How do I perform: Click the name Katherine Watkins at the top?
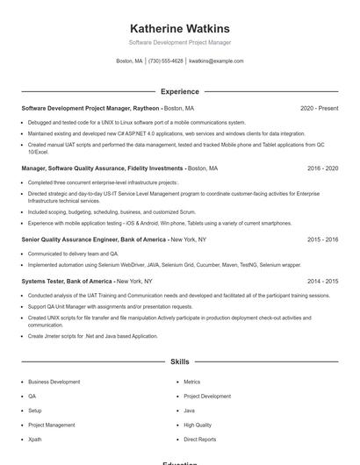coord(179,28)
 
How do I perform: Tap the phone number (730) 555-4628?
coord(165,61)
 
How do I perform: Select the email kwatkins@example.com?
coord(216,61)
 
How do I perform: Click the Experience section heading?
coord(179,91)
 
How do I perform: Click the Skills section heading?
coord(179,361)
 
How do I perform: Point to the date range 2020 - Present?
coord(319,108)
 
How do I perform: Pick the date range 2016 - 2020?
coord(322,168)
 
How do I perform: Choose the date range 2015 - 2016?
coord(322,240)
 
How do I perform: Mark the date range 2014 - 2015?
coord(322,282)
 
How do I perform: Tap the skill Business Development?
coord(54,383)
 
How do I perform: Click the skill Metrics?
coord(191,383)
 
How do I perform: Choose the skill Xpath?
coord(34,439)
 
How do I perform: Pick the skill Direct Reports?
coord(199,439)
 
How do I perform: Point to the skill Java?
coord(189,411)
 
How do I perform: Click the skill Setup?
coord(34,411)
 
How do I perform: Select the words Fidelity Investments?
coord(154,168)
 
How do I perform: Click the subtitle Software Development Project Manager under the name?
coord(179,42)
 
